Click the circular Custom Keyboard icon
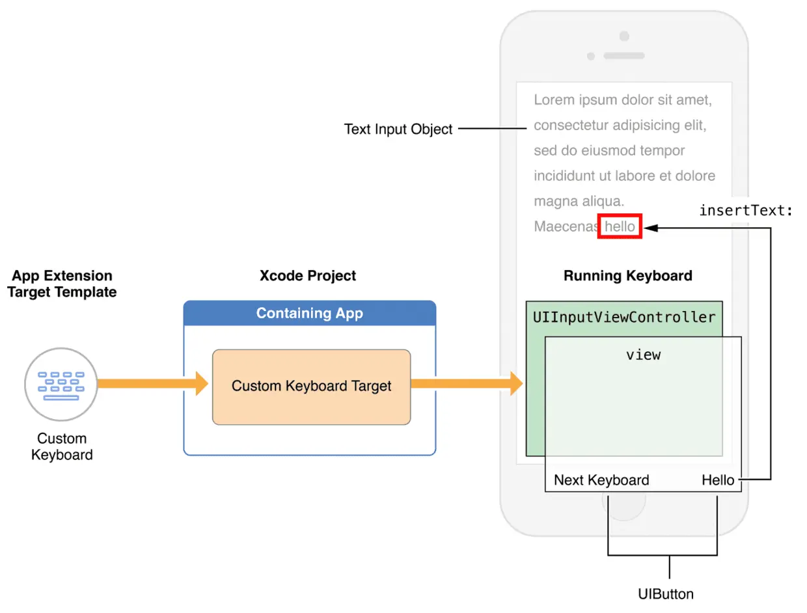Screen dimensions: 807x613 click(61, 384)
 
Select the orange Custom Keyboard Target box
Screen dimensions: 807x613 click(311, 387)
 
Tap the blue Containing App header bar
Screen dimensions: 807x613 click(310, 313)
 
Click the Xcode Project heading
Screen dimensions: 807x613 click(307, 276)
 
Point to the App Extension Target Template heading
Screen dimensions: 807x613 click(62, 284)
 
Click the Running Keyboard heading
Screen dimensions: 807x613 click(627, 276)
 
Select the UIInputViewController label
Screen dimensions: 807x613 click(624, 317)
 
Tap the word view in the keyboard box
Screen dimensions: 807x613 click(643, 355)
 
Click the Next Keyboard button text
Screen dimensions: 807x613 click(601, 480)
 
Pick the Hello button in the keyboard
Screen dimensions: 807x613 click(717, 480)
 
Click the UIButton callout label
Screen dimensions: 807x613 click(666, 594)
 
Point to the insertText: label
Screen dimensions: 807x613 click(745, 211)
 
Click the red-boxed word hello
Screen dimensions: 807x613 click(620, 226)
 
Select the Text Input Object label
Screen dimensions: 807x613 click(398, 129)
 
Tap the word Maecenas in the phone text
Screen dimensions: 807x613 click(566, 226)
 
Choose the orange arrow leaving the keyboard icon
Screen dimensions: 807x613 click(153, 384)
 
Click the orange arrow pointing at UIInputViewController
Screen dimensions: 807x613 click(467, 384)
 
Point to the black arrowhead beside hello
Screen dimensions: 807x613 click(651, 228)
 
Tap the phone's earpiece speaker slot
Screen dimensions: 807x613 click(623, 56)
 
